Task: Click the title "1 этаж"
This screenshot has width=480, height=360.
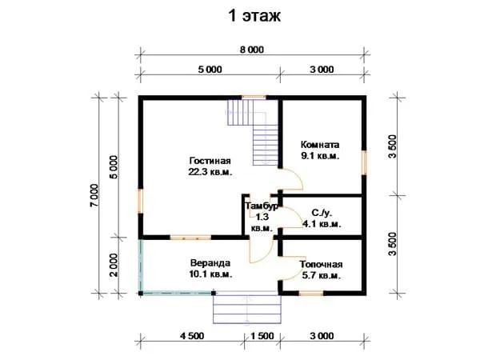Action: pos(254,16)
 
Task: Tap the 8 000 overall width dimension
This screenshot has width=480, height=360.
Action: pos(252,50)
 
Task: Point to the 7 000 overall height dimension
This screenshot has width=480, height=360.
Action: pos(94,195)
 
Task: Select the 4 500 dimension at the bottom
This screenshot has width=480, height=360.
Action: pos(192,336)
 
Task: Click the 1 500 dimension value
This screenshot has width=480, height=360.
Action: pos(262,336)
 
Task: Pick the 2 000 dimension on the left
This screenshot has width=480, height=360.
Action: pos(114,265)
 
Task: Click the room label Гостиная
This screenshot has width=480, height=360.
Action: pos(210,161)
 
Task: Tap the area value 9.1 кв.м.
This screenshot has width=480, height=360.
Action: pos(320,156)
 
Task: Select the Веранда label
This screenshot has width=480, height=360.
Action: pos(210,263)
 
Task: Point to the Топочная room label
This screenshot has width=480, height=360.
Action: pos(321,264)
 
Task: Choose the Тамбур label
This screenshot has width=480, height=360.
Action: pos(262,206)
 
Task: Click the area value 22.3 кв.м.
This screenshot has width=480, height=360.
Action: pos(210,172)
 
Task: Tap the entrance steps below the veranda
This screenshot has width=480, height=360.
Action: pos(247,308)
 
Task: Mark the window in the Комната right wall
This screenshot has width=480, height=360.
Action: pos(364,162)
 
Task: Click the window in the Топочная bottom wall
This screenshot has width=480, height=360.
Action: pos(311,294)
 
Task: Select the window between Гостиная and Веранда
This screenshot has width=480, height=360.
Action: pos(190,238)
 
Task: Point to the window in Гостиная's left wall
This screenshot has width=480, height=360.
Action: pos(141,201)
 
